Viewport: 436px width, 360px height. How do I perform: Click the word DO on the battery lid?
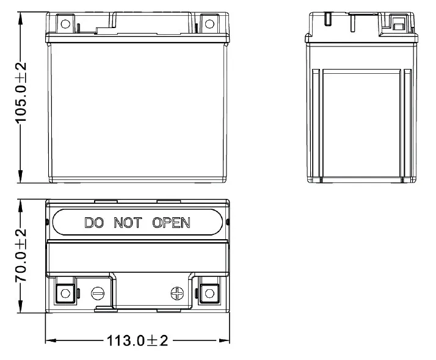pos(94,223)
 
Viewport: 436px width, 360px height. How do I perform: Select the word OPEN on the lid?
pos(171,223)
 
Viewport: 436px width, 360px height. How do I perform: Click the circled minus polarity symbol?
pos(97,293)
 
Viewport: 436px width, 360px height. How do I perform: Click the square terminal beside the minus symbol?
pos(65,293)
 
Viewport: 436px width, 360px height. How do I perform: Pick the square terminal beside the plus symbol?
pos(209,293)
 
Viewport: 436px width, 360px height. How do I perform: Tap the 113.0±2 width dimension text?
pos(137,340)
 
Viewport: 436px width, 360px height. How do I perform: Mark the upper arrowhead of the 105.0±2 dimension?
pos(21,16)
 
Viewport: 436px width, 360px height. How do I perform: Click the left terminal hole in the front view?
pos(65,24)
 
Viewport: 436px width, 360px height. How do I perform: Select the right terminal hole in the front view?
pos(209,24)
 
